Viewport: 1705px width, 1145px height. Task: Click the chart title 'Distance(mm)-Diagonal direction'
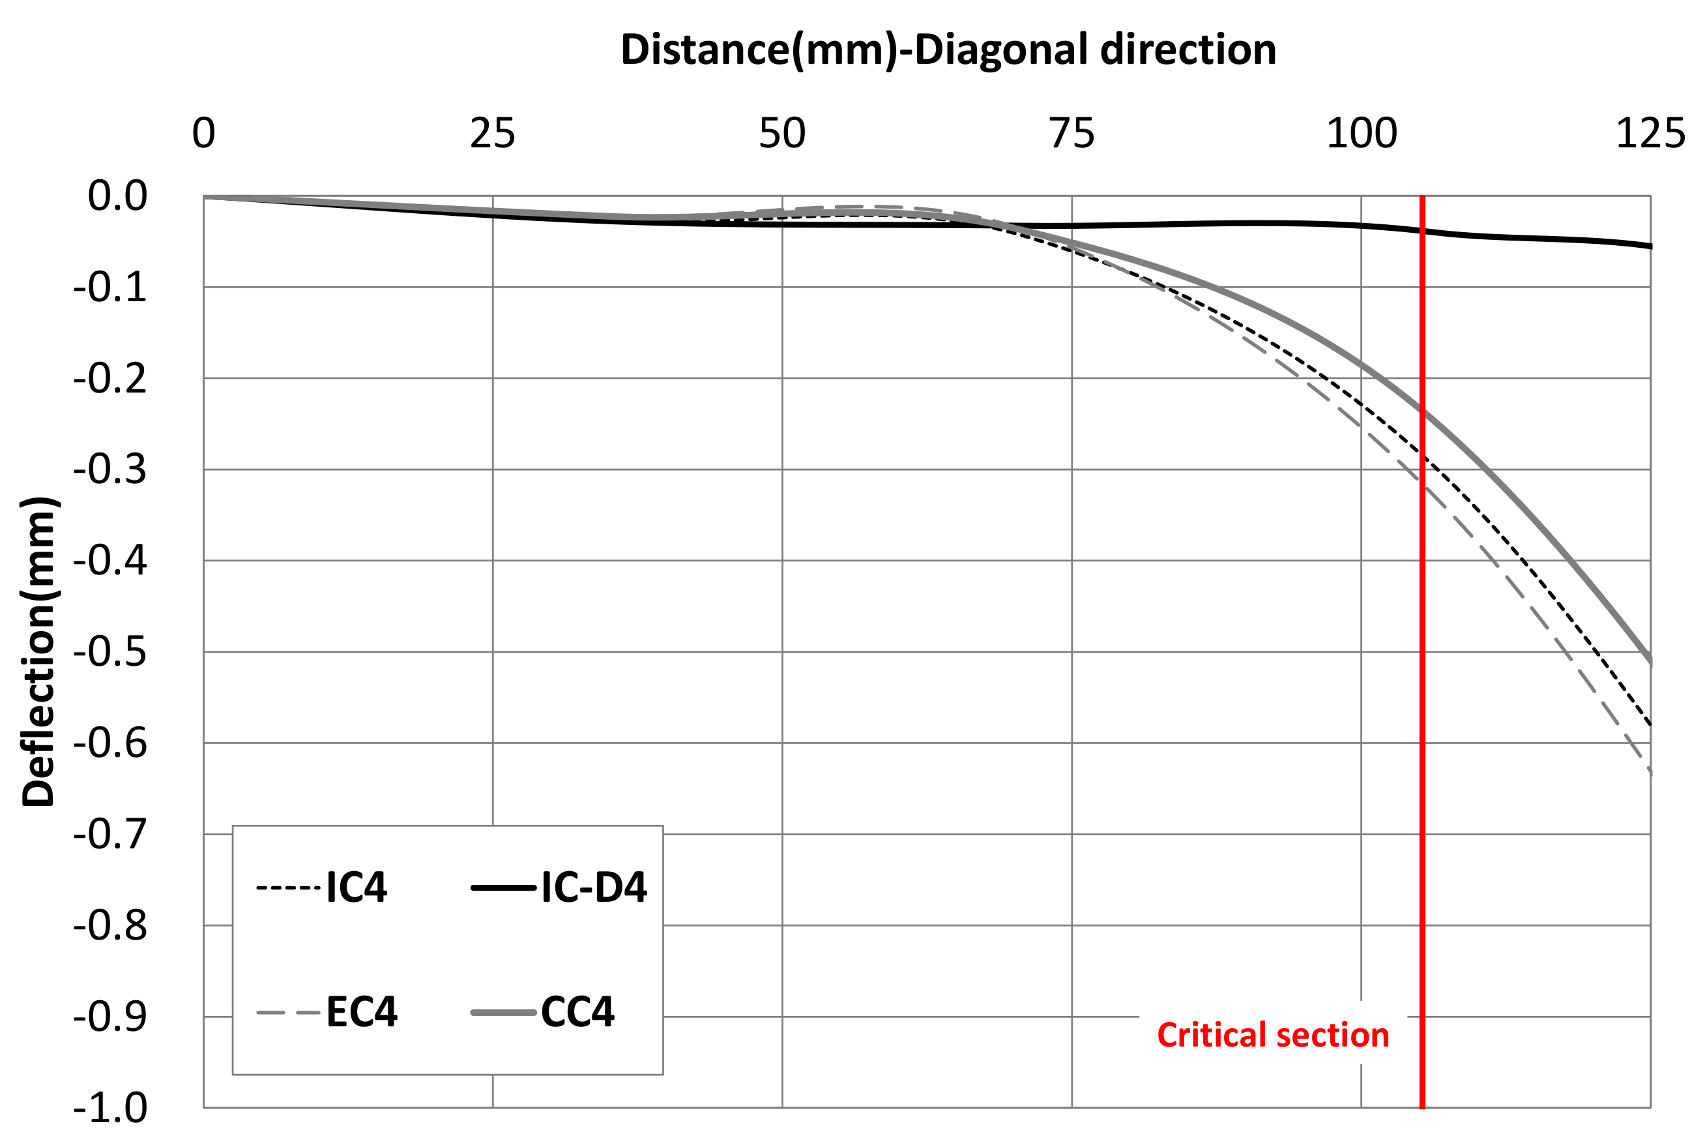click(948, 50)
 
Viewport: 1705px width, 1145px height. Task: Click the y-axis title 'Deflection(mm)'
click(38, 651)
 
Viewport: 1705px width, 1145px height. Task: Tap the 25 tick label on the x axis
click(493, 134)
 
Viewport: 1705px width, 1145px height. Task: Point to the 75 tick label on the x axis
click(1072, 134)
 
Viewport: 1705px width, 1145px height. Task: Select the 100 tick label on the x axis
click(1362, 134)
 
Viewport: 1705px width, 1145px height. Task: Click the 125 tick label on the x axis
click(1650, 134)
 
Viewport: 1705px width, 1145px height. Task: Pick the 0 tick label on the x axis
click(203, 134)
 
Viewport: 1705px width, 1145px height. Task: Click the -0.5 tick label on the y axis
click(110, 652)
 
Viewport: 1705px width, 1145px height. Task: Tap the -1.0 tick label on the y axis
click(110, 1108)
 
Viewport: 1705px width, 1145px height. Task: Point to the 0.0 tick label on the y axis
click(117, 196)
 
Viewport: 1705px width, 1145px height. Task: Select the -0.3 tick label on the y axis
click(110, 469)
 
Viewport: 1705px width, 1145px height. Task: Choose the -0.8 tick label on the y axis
click(110, 926)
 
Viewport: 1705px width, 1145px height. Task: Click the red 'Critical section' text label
click(1273, 1035)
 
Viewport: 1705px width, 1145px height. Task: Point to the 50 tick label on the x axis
click(782, 134)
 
